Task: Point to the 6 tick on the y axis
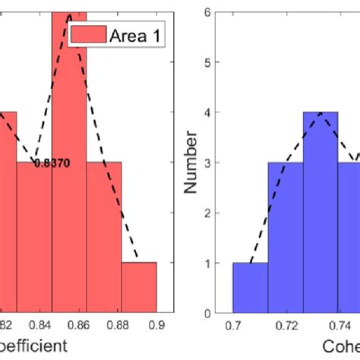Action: click(x=218, y=11)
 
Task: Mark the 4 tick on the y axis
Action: click(x=218, y=112)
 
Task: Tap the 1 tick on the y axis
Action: click(x=218, y=263)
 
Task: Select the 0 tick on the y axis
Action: click(x=218, y=313)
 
